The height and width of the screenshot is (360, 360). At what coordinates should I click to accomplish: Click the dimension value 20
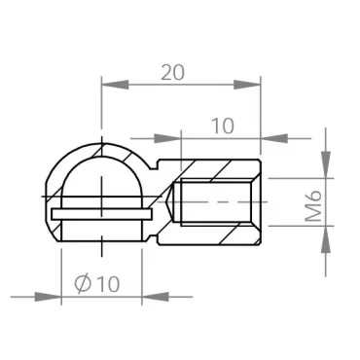pyautogui.click(x=171, y=72)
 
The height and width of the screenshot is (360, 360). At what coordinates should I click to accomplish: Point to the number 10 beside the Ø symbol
pyautogui.click(x=107, y=283)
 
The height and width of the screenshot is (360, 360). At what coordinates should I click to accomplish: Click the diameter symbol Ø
pyautogui.click(x=84, y=283)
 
